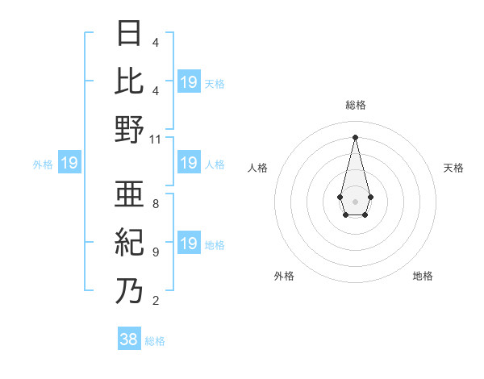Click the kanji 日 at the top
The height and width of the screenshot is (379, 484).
(x=129, y=34)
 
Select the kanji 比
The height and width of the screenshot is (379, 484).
(x=129, y=81)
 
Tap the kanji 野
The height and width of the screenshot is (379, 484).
(x=129, y=130)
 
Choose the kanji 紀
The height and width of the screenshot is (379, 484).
(x=129, y=242)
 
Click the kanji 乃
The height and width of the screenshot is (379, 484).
(x=129, y=290)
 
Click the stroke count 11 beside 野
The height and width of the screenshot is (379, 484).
(x=156, y=140)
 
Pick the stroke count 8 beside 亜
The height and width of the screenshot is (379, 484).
(x=155, y=204)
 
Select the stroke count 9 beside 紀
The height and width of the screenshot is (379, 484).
(x=155, y=252)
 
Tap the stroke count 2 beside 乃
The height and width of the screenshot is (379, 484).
(x=155, y=301)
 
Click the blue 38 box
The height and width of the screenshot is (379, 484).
(x=129, y=339)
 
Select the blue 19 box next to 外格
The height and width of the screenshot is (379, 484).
(x=69, y=164)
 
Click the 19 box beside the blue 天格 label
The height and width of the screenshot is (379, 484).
(x=188, y=82)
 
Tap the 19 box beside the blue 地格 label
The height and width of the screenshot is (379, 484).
(x=188, y=244)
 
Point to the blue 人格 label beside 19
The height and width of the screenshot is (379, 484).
(x=215, y=164)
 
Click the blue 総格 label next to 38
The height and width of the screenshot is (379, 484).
(x=155, y=341)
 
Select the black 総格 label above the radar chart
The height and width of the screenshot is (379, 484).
(x=355, y=105)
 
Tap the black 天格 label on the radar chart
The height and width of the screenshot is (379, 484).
(x=453, y=168)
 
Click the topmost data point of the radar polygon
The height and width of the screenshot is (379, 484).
(x=355, y=135)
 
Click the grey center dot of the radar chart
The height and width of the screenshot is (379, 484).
(x=355, y=200)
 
